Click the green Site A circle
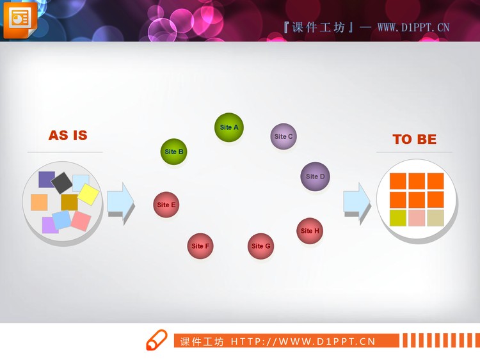229,127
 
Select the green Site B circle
173,152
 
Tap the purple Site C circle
284,136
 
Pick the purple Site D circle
315,176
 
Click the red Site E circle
166,205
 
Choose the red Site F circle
200,246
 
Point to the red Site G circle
261,246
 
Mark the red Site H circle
310,231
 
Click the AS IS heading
68,136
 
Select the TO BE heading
414,139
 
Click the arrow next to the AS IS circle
120,201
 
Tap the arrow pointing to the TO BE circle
356,201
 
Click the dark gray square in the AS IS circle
62,183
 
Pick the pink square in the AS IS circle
81,221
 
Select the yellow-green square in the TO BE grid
397,218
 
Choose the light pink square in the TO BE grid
417,218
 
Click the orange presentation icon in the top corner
20,19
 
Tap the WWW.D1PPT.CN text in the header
413,27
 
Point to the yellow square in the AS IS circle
88,194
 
